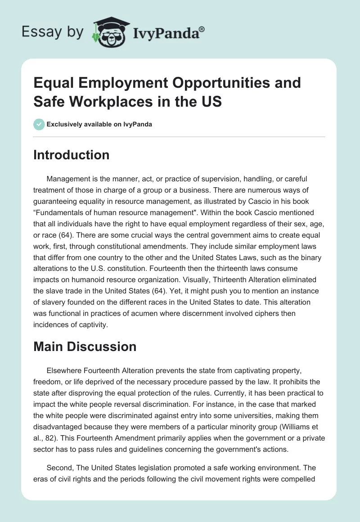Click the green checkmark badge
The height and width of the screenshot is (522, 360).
[x=39, y=124]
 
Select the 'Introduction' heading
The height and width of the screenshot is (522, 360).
[x=72, y=155]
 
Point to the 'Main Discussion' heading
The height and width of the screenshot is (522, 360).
[x=85, y=346]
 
